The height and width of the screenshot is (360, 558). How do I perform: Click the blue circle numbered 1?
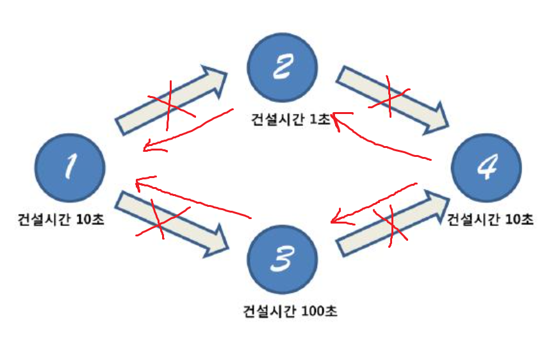(70, 168)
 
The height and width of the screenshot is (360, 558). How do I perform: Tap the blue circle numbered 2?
(283, 69)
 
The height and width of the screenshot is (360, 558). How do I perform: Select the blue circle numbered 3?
(283, 259)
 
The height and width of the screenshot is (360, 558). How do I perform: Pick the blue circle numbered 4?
(486, 168)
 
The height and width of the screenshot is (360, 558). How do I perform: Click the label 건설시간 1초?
(291, 120)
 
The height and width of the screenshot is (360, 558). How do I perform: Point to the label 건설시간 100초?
(290, 312)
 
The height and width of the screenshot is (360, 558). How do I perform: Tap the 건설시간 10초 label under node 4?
(490, 220)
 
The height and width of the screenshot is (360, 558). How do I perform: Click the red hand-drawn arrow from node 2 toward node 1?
(186, 132)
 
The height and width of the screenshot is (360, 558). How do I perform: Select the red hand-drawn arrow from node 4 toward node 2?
(384, 141)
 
